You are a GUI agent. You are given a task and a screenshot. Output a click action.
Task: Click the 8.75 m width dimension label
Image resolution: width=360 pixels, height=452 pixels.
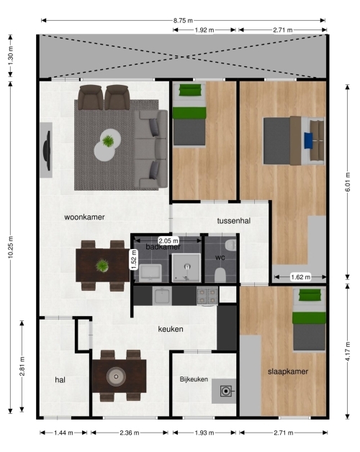pos(183,20)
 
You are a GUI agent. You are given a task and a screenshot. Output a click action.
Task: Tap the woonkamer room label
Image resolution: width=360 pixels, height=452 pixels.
pos(84,217)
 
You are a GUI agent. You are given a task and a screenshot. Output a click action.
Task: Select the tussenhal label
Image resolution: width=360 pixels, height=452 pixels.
pos(234,221)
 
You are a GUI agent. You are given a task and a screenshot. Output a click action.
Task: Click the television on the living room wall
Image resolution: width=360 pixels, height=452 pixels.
pos(47,150)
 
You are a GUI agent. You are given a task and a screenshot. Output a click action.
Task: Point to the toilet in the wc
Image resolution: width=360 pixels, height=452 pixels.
pos(220,275)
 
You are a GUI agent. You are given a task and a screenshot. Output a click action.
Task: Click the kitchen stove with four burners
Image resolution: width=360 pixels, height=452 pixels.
pos(207,296)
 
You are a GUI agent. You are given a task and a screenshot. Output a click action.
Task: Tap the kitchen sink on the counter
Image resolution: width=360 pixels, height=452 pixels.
pos(162,296)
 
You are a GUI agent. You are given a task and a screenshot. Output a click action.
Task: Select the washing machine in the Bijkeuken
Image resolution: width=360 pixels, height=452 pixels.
pos(226,391)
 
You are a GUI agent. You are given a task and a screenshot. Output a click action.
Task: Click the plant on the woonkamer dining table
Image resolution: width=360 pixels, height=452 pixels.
pos(102,266)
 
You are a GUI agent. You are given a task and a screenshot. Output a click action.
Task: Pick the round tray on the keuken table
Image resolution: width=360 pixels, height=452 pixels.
pos(116,376)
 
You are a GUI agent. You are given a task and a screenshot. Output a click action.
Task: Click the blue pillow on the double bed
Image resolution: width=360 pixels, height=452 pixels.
pos(308,140)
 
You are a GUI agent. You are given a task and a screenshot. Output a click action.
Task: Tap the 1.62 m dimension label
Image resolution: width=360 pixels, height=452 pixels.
pos(300,277)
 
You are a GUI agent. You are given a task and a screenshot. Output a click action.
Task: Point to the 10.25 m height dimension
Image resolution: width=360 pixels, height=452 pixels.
pos(11,247)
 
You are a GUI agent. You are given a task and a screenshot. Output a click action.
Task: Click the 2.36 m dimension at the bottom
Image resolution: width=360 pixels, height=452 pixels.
pos(130,433)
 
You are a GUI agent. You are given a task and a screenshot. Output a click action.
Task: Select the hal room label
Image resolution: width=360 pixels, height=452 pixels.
pos(60,380)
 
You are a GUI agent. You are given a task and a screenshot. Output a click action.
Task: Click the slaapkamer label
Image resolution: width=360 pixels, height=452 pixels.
pos(288,371)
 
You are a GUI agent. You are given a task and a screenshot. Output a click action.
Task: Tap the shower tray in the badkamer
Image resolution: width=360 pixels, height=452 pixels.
pos(186,268)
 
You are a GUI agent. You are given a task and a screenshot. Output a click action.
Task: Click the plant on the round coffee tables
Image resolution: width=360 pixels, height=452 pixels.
pos(108,141)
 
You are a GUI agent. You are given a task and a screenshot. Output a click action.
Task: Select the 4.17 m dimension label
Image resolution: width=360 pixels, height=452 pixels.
pos(348,351)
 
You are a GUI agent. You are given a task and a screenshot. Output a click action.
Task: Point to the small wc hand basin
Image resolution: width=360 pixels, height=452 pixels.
pos(230,245)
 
